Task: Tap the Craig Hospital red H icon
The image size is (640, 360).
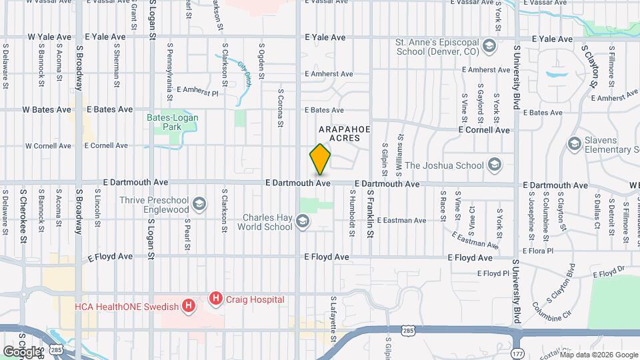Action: (x=215, y=299)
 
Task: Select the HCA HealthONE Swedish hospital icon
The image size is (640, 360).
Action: (x=189, y=307)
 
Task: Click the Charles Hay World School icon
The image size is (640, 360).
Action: (x=303, y=221)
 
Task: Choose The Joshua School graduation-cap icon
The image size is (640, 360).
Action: (x=494, y=165)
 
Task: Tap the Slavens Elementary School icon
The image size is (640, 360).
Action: (x=574, y=144)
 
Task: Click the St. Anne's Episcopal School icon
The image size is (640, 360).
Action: (x=489, y=45)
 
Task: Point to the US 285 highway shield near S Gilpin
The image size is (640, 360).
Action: (x=406, y=330)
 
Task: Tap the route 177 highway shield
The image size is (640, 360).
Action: (x=519, y=353)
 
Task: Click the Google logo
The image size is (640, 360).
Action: (x=22, y=351)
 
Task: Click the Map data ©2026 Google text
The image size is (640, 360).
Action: (x=598, y=355)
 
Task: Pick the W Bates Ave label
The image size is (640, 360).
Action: (x=46, y=109)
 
